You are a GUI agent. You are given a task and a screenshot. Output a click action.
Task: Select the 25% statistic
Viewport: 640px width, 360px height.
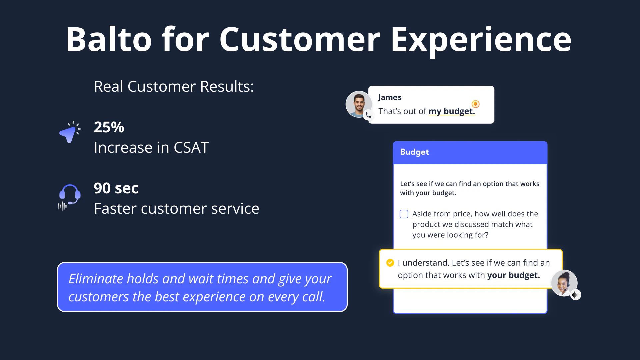pos(109,127)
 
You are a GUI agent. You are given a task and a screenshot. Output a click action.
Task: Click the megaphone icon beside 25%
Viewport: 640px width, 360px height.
pos(70,132)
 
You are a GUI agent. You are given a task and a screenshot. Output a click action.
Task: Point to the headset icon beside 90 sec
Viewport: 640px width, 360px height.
pos(69,197)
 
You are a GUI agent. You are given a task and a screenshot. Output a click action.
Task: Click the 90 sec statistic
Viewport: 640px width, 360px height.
pos(116,188)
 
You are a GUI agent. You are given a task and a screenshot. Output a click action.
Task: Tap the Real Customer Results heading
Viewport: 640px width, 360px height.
pos(174,87)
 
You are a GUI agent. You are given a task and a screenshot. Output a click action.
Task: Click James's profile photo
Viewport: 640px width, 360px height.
pos(359,104)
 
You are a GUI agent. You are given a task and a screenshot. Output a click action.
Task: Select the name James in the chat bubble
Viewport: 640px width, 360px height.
pos(390,97)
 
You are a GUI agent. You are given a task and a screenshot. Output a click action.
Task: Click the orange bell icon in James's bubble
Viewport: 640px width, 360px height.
pos(476,104)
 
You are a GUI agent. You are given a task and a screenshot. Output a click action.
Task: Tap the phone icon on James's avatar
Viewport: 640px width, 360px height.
pos(368,115)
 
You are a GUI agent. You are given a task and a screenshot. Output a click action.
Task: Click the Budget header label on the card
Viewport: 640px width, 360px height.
pos(414,152)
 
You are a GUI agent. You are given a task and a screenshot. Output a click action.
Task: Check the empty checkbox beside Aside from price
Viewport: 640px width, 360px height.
pos(404,214)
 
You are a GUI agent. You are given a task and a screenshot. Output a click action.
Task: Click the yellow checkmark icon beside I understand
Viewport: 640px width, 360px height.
pos(390,263)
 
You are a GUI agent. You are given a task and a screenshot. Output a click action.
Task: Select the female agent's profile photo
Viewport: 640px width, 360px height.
pos(564,283)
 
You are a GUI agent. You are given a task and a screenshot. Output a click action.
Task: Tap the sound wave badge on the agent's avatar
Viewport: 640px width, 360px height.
pos(576,295)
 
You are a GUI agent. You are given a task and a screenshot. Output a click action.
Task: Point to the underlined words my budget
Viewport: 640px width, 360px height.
pos(452,111)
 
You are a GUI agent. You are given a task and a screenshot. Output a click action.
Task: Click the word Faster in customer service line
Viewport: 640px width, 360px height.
pos(115,209)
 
